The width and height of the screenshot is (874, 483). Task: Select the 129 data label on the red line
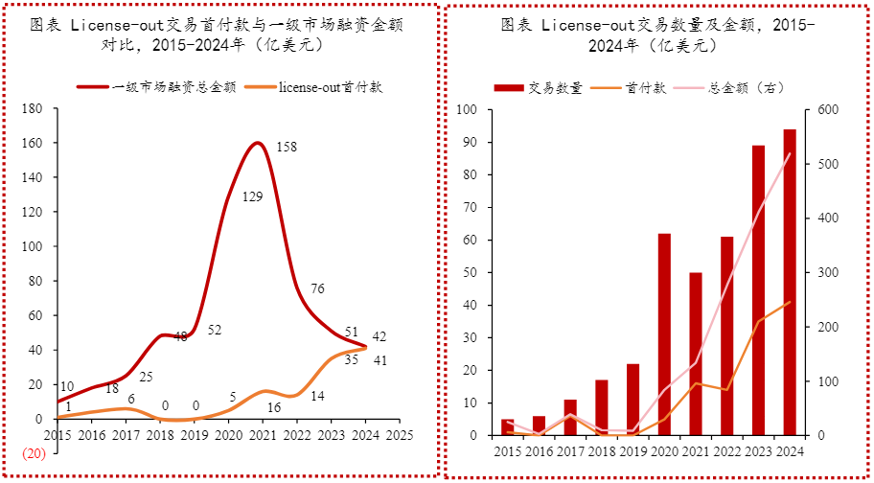coord(253,197)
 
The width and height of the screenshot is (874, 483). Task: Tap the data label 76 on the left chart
coord(317,288)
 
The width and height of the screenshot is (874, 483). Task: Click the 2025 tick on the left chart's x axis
coord(399,435)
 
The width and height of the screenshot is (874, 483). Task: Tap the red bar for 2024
coord(789,282)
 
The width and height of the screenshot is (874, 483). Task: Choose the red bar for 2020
coord(664,334)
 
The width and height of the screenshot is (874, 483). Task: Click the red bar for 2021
coord(695,354)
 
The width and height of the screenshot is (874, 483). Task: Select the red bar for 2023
coord(758,290)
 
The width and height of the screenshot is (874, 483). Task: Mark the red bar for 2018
coord(601,407)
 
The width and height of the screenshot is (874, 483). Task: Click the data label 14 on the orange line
coord(317,396)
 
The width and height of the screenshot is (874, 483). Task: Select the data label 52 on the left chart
coord(215,331)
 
